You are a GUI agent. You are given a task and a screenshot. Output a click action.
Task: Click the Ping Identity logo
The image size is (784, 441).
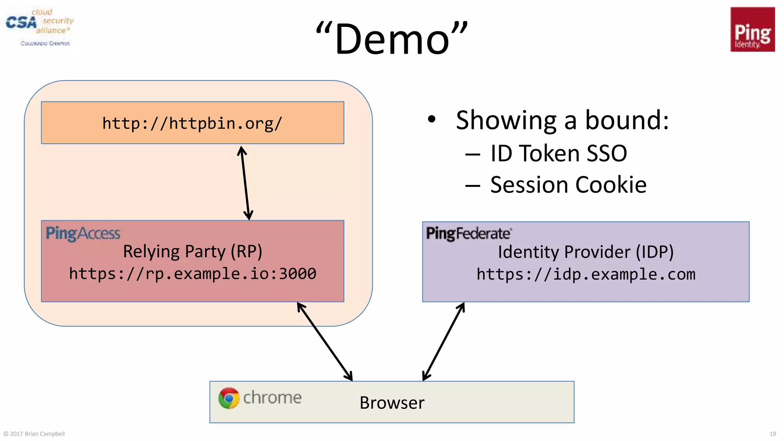coord(752,29)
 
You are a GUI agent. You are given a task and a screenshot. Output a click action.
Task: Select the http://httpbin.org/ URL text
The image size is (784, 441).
coord(192,123)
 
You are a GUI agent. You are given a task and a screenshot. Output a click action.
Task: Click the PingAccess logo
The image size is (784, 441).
coord(83,233)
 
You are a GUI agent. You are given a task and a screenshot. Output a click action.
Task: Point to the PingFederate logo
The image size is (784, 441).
coord(469,233)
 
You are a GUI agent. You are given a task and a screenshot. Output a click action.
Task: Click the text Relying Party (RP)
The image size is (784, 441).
coord(193,252)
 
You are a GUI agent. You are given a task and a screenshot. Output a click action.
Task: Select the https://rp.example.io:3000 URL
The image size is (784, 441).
coord(193,274)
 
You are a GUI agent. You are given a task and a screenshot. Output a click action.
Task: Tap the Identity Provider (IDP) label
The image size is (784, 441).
coord(586,252)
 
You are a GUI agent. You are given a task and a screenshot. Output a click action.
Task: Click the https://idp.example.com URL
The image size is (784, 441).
coord(586,274)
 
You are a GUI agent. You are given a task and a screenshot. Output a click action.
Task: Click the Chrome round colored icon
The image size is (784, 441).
coord(229,398)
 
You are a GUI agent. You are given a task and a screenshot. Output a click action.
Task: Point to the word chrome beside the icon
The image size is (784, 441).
coord(272,398)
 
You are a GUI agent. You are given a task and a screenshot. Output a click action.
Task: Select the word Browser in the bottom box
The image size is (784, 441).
coord(392,403)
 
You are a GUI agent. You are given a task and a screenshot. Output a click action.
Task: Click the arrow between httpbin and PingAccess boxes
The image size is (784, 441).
coord(245,183)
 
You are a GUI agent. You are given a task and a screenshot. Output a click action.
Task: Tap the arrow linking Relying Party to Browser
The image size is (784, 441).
coord(325,341)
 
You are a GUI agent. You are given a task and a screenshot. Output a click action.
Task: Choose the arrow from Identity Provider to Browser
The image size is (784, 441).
coord(444,341)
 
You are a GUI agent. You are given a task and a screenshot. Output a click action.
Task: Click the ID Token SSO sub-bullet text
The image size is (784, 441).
coord(559,154)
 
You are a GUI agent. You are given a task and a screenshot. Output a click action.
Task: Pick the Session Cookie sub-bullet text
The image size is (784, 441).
coord(568,185)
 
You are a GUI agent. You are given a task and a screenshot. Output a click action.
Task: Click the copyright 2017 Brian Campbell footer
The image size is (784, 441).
coord(34,434)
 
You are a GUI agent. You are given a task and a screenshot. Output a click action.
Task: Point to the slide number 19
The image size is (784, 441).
coord(773,434)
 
